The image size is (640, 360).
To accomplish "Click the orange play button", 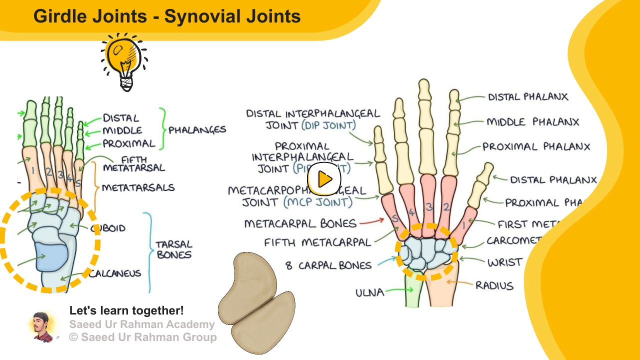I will coord(324,179).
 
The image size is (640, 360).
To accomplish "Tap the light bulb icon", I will coord(124,61).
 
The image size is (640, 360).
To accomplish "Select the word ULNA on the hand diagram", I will coord(370,292).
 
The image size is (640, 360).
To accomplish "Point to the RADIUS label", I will coord(494,285).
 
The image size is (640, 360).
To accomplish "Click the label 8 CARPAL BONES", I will coord(328,265).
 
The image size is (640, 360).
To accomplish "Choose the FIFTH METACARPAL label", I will coord(317,243).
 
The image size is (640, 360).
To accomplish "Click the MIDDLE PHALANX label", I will coord(532,122).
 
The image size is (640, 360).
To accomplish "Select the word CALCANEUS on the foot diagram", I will coord(116,273).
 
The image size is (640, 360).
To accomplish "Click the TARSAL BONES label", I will coord(173,249).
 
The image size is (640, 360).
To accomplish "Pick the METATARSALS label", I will coord(138,188).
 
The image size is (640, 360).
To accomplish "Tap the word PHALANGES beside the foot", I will coord(197,130).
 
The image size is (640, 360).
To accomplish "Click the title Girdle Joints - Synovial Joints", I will coord(167,16).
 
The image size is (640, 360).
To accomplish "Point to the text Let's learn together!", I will coord(126,310).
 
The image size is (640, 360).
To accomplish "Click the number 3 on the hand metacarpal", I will coord(429,207).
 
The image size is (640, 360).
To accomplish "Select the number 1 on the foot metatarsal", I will coord(32,170).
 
